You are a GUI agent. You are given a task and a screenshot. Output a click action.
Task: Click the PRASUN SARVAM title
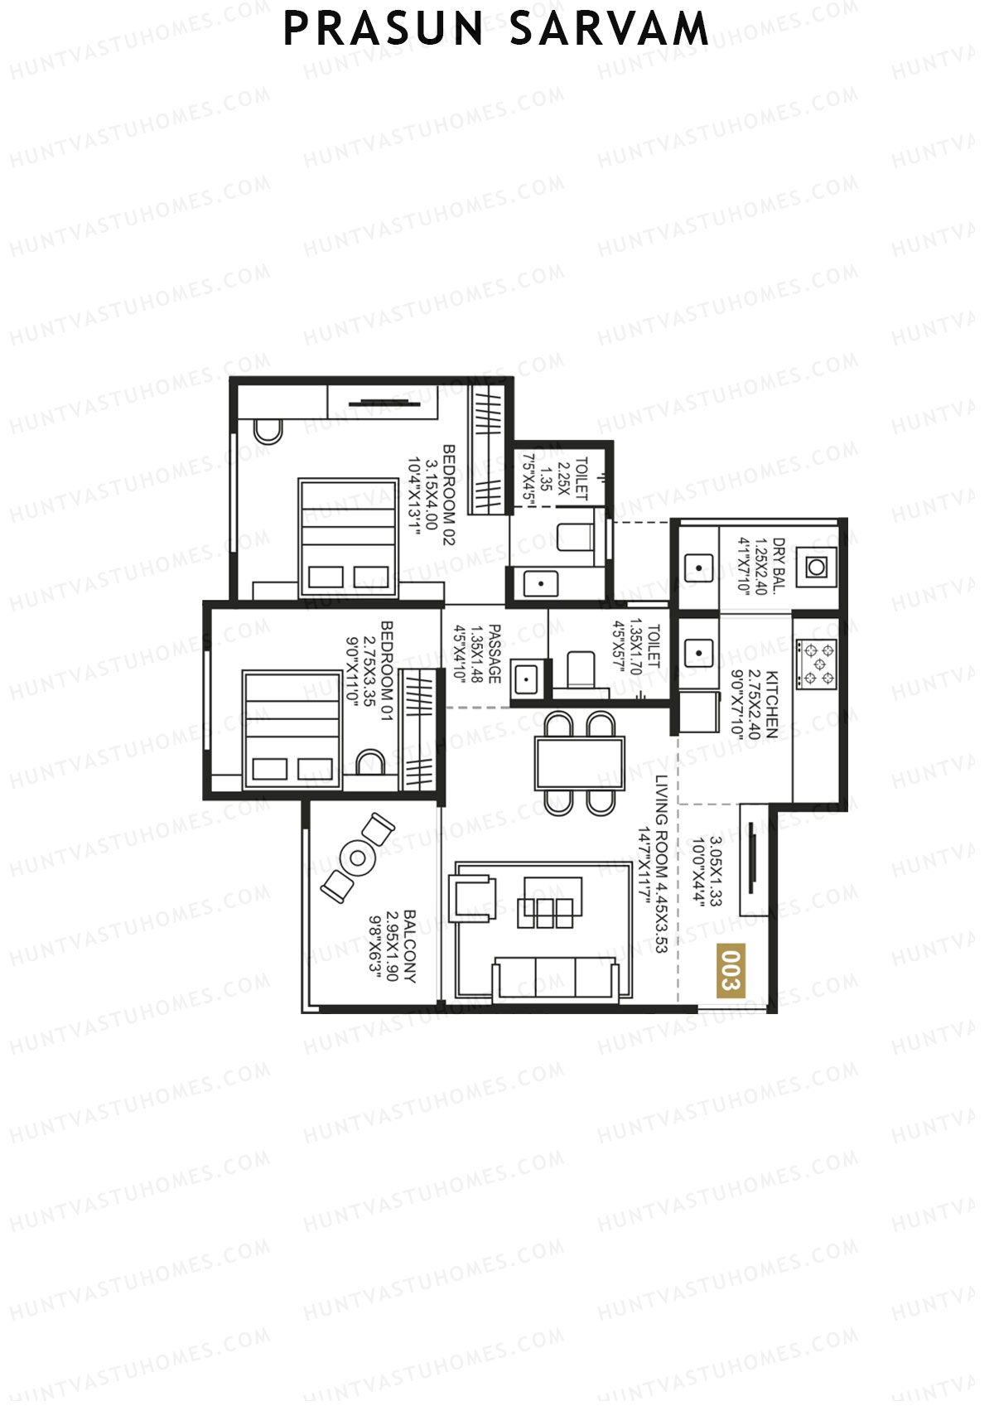point(496,30)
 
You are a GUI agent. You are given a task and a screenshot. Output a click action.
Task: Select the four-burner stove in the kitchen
point(816,664)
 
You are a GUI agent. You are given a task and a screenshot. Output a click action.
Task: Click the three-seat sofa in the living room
point(555,978)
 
